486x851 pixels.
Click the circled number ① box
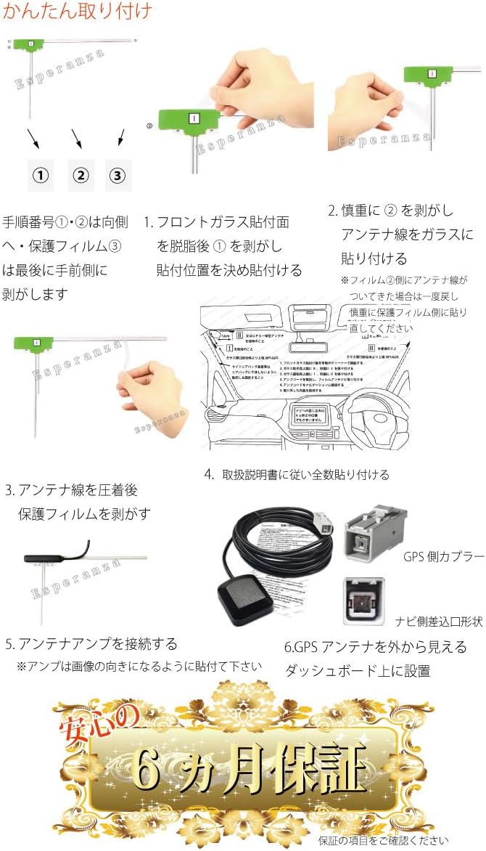43,175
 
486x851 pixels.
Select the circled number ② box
81,175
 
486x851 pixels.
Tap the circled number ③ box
118,175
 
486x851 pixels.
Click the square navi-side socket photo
362,602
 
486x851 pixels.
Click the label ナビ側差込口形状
439,622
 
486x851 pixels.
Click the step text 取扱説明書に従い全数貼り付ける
305,474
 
